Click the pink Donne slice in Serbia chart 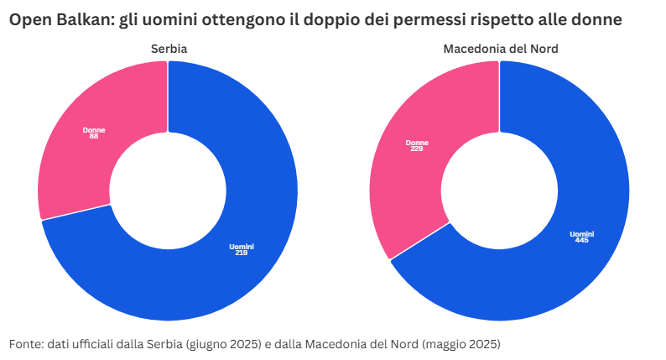coord(80,159)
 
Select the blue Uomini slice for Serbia coord(210,277)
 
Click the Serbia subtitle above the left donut coord(168,49)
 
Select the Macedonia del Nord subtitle coord(500,49)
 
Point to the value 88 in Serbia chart coord(93,136)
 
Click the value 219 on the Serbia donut coord(242,252)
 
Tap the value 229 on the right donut coord(417,149)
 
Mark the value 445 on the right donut coord(581,239)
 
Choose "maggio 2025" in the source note coord(460,344)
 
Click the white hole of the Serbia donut coord(168,190)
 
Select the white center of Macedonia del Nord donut coord(500,190)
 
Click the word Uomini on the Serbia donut coord(242,246)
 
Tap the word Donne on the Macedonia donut coord(417,143)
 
